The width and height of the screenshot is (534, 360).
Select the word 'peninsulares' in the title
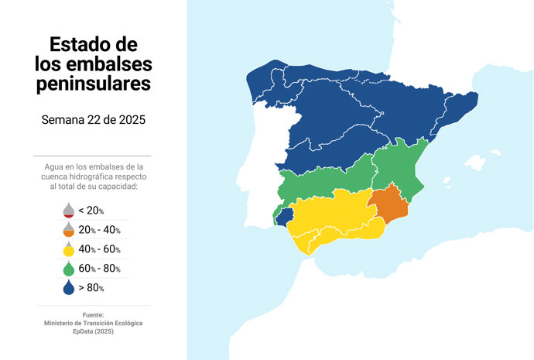(x=93, y=82)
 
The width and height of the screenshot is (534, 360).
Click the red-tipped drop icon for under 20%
(x=68, y=210)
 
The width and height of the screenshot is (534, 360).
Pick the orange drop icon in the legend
(x=68, y=229)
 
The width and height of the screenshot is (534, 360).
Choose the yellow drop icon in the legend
(x=68, y=249)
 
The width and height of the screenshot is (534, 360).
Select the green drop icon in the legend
(x=68, y=268)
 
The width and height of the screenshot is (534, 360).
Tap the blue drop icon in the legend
(x=68, y=287)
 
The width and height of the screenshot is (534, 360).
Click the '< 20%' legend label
(x=91, y=211)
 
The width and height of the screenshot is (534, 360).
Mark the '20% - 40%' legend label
(x=99, y=230)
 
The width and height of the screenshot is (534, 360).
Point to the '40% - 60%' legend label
(x=99, y=249)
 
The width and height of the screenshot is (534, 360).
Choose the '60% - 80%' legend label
(x=99, y=269)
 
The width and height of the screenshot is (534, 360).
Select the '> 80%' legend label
(x=91, y=288)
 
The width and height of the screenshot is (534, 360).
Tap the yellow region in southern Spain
(x=333, y=217)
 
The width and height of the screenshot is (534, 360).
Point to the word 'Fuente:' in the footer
(x=93, y=314)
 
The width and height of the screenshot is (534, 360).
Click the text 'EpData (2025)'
(x=93, y=331)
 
